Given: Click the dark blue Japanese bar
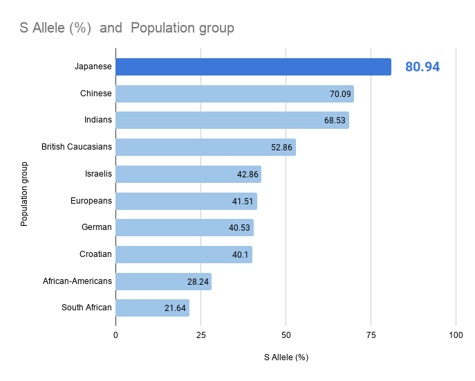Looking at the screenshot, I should [253, 67].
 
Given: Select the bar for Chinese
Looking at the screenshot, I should [234, 94].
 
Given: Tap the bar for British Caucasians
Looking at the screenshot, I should [205, 147].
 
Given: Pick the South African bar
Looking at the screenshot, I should [152, 308].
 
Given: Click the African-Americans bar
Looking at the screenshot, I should [163, 281].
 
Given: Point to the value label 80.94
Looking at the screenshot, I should [422, 67].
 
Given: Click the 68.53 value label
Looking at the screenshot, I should [335, 121].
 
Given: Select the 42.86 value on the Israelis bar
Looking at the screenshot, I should [248, 174].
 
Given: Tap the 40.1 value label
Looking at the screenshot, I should [241, 254].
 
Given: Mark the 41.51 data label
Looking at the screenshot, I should [243, 201].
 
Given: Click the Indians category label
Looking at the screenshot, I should [97, 120].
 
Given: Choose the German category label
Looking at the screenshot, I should [96, 227].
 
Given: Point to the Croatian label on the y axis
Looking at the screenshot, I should [95, 254].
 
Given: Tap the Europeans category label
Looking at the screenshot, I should [91, 201].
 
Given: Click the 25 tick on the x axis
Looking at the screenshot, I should [201, 335].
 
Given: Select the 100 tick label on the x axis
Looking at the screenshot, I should [456, 335].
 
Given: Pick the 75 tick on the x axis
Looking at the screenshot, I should [371, 335].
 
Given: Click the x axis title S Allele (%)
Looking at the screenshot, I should [286, 357].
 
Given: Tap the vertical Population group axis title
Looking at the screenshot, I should [25, 194].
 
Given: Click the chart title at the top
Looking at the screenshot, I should [127, 28].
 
